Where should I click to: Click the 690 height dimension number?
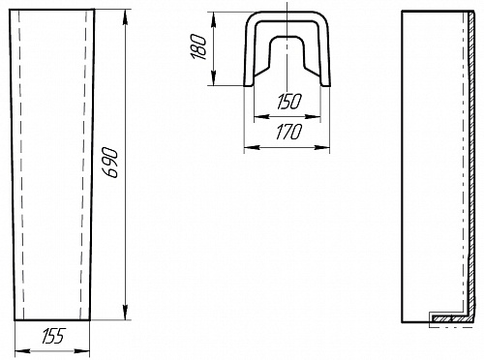(x=111, y=163)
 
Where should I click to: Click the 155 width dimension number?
(x=53, y=336)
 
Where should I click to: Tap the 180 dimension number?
(x=198, y=47)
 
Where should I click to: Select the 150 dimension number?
(x=289, y=102)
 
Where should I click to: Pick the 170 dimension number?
(x=289, y=132)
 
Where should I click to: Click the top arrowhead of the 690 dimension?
(x=125, y=18)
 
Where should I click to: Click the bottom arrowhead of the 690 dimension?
(x=126, y=312)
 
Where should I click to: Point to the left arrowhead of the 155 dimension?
(x=23, y=351)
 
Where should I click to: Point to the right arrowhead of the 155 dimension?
(x=81, y=351)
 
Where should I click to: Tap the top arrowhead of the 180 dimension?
(x=213, y=20)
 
